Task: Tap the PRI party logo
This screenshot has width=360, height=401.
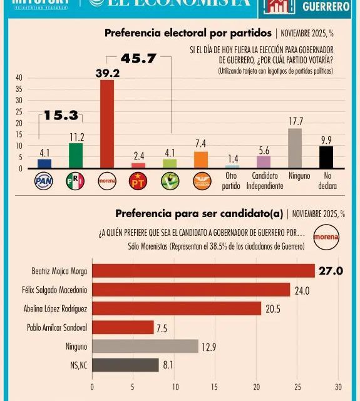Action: (76, 181)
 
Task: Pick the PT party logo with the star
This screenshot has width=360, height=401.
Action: (138, 181)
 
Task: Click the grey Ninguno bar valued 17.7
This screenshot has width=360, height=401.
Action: (295, 148)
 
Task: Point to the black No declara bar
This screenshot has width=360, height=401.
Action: (326, 157)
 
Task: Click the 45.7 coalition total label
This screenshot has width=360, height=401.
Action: (139, 59)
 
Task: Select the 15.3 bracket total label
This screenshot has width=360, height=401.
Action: (61, 116)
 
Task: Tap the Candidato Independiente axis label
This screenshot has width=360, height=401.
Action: (264, 180)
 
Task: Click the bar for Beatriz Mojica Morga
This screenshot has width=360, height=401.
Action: (203, 271)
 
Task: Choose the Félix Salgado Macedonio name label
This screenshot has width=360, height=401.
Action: (60, 290)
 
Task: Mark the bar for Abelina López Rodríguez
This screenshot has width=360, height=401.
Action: (177, 308)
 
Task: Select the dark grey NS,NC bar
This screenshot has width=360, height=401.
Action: (125, 365)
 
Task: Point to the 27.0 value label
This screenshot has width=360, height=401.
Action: (332, 271)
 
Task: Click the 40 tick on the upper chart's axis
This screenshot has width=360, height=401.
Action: (19, 78)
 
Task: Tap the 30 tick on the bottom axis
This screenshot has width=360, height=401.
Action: (338, 387)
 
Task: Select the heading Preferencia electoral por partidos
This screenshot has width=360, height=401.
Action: (187, 33)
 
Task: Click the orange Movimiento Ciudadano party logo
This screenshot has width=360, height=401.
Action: (200, 181)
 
